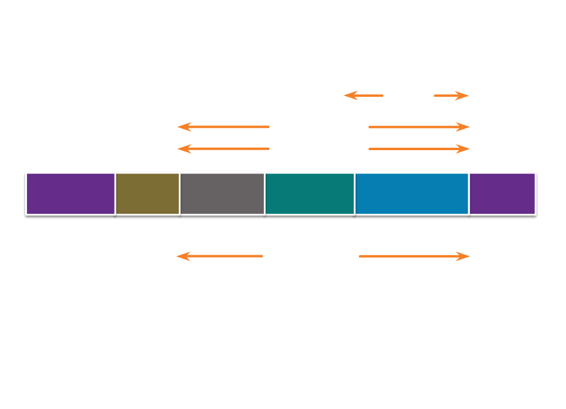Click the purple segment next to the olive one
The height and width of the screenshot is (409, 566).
70,193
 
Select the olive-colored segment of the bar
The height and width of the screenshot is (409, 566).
147,193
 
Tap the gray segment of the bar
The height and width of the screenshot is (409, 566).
222,193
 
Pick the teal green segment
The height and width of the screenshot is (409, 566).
309,193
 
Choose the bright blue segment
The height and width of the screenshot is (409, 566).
412,193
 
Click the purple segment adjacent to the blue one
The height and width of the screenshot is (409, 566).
502,193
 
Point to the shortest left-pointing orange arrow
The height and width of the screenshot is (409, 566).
363,95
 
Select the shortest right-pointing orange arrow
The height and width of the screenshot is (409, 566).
451,95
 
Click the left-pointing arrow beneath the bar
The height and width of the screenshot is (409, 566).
219,256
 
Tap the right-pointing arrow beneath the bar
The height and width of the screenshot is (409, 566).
414,256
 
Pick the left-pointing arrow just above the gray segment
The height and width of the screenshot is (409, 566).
223,149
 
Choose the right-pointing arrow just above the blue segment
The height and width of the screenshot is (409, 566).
419,149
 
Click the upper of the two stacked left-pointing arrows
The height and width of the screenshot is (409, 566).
223,127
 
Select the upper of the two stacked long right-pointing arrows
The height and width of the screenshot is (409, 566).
419,127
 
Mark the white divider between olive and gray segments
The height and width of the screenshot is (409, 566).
179,193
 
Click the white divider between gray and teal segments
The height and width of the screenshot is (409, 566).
264,193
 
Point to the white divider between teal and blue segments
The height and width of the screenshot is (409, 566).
354,193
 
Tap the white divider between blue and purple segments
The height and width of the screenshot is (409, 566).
469,193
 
